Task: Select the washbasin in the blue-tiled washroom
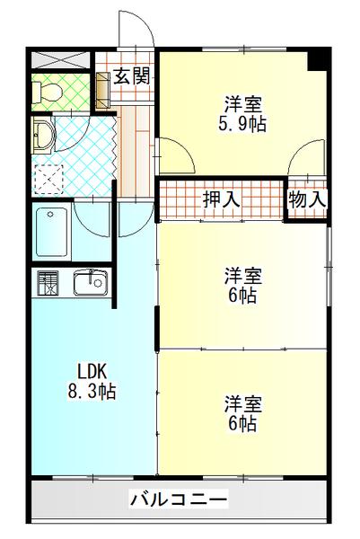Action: point(43,137)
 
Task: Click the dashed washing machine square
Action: point(49,178)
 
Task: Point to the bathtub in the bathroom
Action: point(52,233)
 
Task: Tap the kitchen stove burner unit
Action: point(46,283)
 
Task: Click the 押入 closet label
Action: point(221,199)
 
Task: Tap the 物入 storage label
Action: point(305,199)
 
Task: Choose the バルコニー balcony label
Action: point(178,498)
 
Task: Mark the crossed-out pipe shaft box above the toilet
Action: point(61,61)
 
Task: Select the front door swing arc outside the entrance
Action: point(136,34)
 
